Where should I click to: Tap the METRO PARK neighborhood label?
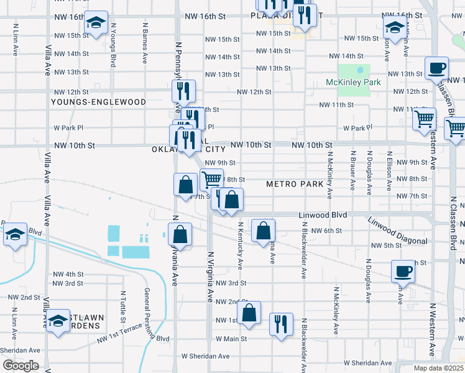(295, 184)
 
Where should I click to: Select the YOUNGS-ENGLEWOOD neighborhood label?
(98, 102)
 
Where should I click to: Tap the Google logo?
(20, 366)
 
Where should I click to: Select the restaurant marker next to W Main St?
(281, 324)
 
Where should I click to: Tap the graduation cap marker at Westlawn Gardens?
(58, 321)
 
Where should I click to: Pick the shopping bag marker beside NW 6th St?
(264, 231)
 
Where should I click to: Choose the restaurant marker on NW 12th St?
(183, 91)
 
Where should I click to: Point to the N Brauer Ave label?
(352, 169)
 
